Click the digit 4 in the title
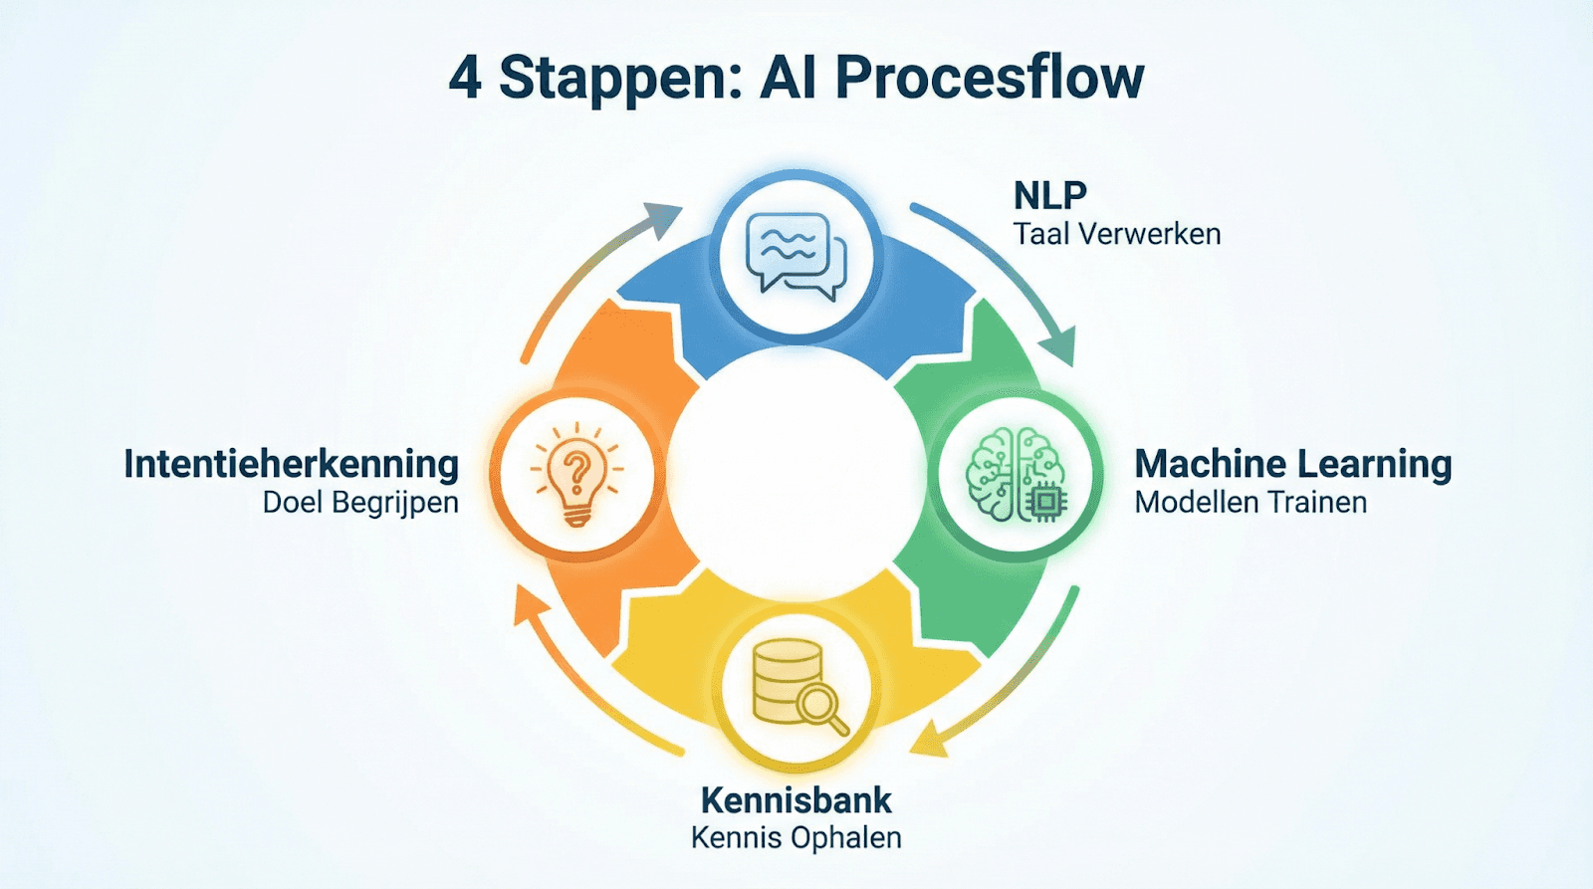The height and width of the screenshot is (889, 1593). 466,79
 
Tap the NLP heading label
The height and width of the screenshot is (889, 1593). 1049,195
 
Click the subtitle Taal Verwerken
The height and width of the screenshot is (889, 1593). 1116,235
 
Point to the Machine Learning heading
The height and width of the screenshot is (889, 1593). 1292,464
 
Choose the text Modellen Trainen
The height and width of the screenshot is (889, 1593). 1251,503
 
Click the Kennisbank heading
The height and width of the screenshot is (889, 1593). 796,800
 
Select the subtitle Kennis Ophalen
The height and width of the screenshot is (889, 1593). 796,838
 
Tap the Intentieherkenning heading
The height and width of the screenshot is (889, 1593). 292,464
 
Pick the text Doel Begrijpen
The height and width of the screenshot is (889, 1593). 360,503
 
